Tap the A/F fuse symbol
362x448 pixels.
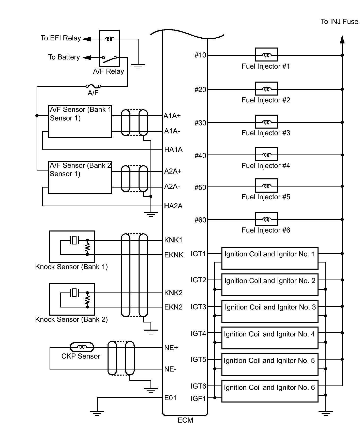pyautogui.click(x=93, y=86)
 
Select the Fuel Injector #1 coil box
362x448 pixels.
pyautogui.click(x=267, y=55)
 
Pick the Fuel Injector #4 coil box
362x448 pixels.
pyautogui.click(x=267, y=154)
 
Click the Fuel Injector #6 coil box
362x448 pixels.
pyautogui.click(x=267, y=219)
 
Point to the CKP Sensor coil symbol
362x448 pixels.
pyautogui.click(x=82, y=347)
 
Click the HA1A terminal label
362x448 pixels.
pyautogui.click(x=173, y=149)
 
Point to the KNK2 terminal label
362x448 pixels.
pyautogui.click(x=173, y=293)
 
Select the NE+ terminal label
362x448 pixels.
pyautogui.click(x=171, y=348)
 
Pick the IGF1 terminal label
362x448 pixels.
pyautogui.click(x=198, y=398)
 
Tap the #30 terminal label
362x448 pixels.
pyautogui.click(x=200, y=123)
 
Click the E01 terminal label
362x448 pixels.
pyautogui.click(x=170, y=398)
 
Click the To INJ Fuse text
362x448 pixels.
pyautogui.click(x=339, y=22)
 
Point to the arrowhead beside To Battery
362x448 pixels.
pyautogui.click(x=87, y=58)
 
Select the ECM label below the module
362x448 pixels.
pyautogui.click(x=185, y=420)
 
